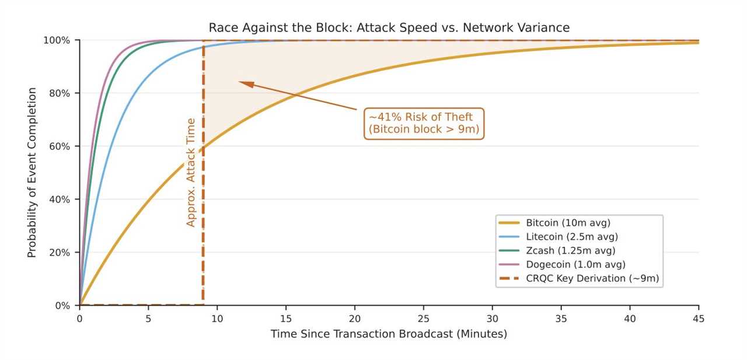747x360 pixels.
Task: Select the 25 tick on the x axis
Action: coord(424,319)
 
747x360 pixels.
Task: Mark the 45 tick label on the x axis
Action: coord(699,319)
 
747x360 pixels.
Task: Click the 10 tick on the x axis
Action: coord(217,319)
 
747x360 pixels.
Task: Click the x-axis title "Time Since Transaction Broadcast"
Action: coord(389,334)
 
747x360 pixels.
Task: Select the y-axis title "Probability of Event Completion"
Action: coord(32,173)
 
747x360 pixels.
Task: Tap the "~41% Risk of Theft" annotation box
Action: coord(424,123)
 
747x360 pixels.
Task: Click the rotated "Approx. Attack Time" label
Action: coord(191,172)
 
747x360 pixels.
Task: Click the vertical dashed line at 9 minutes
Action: coord(203,245)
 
